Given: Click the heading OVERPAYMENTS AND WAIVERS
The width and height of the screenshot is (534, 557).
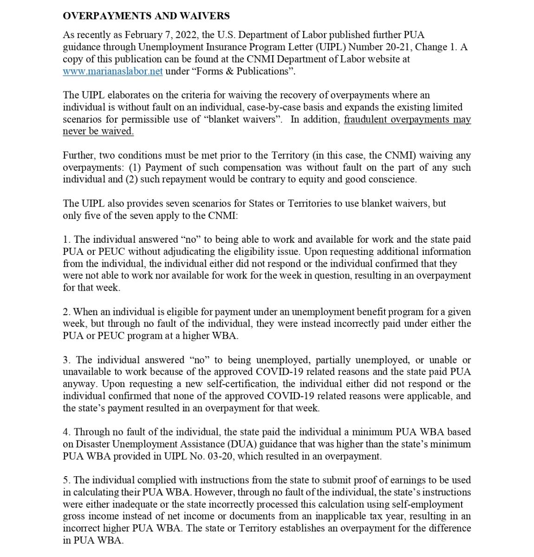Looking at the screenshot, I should point(146,16).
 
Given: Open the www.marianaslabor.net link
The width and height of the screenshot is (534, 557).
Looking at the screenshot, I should point(112,71).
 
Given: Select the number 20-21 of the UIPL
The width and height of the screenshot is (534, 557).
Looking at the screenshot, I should point(397,47).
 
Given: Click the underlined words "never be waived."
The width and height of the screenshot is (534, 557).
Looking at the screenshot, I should point(98,131).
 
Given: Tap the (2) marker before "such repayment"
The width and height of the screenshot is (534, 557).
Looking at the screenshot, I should point(131,180).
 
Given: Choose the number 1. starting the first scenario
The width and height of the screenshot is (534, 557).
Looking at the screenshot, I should point(66,240).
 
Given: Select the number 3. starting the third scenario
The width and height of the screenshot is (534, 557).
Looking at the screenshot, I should point(67,360).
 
